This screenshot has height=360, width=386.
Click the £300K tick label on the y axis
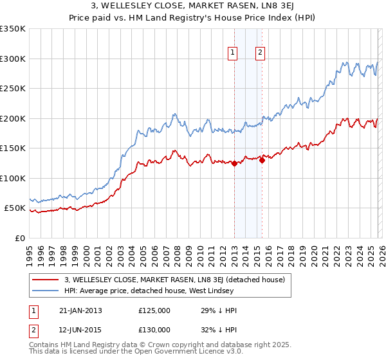12,59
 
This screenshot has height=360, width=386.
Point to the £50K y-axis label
14,208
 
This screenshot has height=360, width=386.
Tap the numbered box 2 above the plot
261,53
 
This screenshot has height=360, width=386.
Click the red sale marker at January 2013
234,164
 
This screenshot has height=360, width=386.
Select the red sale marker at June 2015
262,161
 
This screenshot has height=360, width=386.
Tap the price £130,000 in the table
154,329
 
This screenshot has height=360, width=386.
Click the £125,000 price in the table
154,310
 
